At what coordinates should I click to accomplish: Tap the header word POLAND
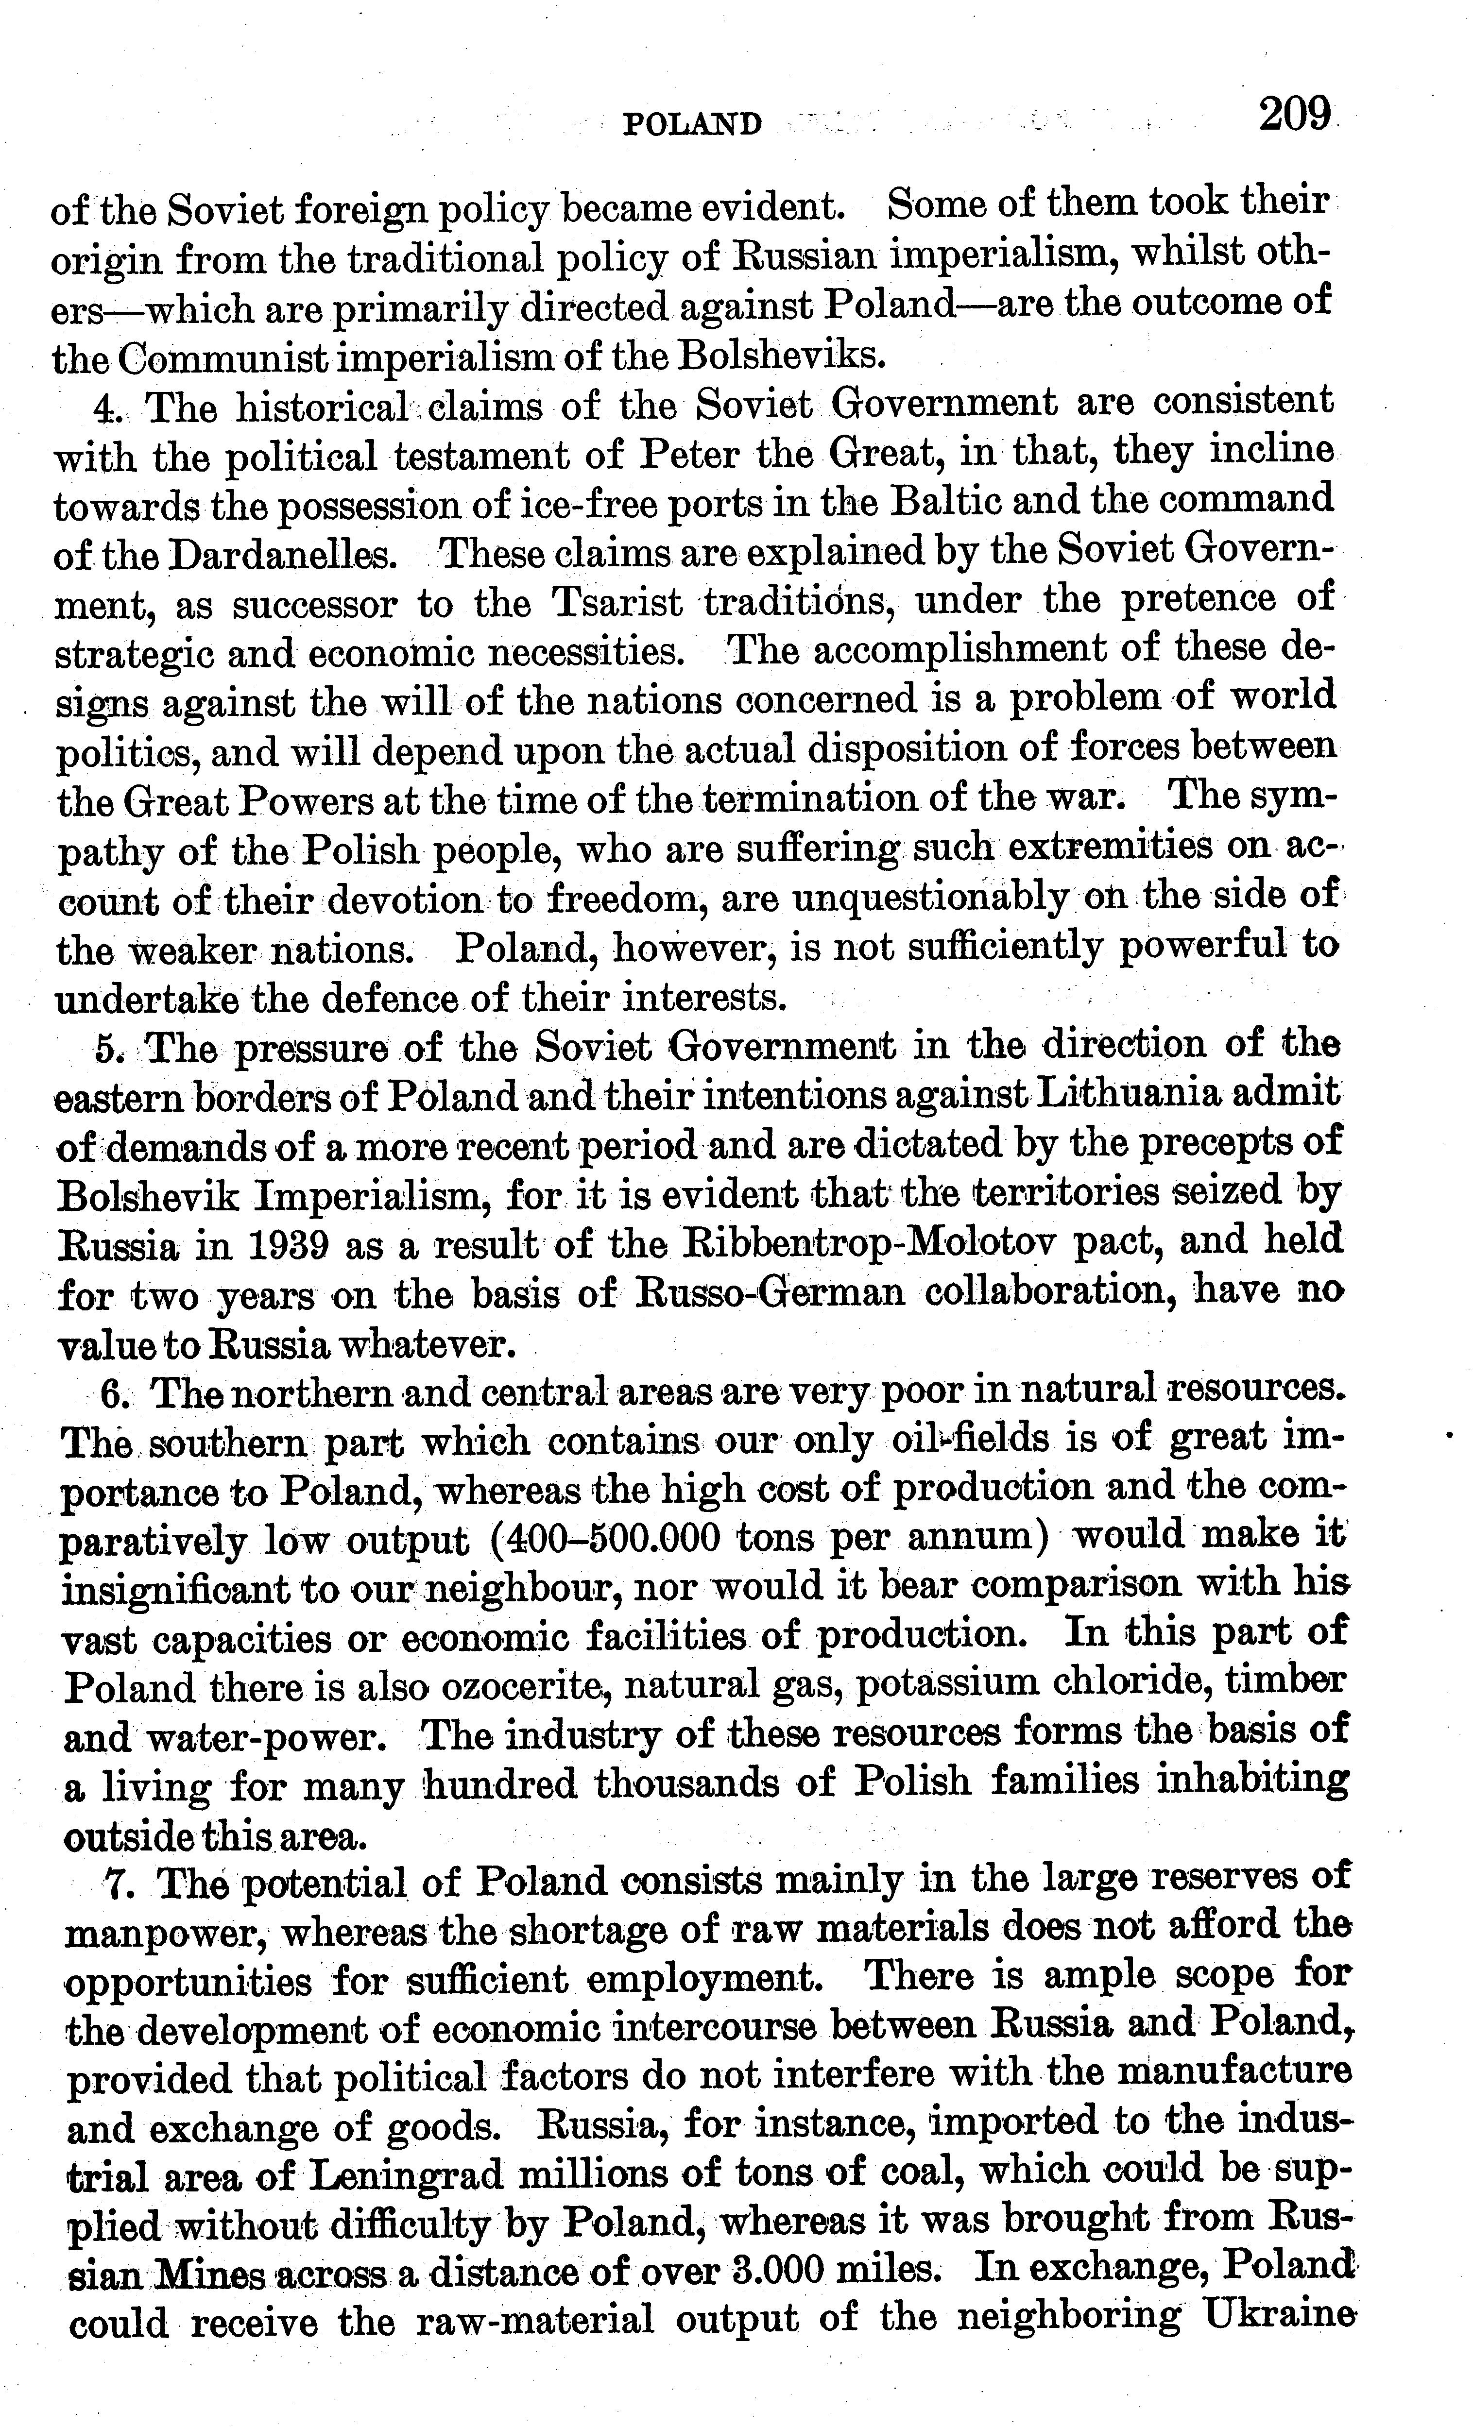tap(693, 124)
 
